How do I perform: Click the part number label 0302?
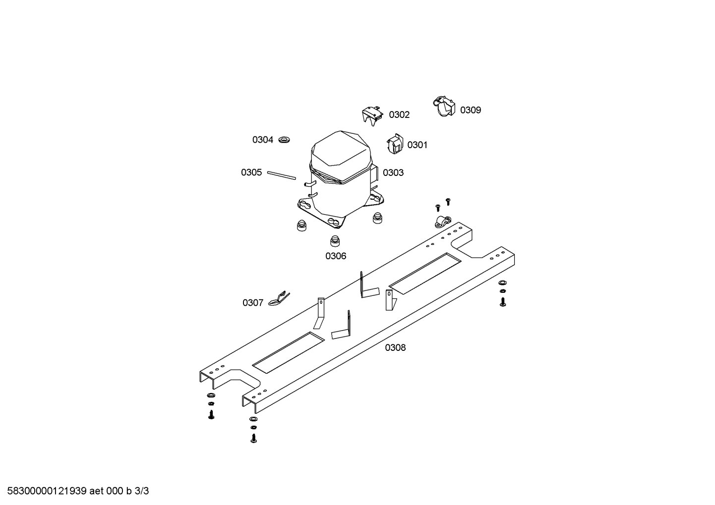[399, 115]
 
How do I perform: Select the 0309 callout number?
[471, 110]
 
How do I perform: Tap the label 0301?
[417, 145]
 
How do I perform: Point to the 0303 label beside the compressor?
[393, 172]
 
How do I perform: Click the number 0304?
[263, 140]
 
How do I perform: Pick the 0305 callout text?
[251, 172]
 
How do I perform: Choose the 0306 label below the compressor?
[336, 256]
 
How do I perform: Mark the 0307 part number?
[253, 303]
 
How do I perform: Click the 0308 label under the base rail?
[395, 348]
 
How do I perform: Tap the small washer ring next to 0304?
[284, 139]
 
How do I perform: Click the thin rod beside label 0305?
[282, 175]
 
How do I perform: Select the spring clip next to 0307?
[279, 299]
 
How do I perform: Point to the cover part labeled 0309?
[444, 106]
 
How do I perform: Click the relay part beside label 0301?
[395, 144]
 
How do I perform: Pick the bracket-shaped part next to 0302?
[372, 116]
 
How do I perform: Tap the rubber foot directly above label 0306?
[335, 241]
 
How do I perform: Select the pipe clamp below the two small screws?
[443, 222]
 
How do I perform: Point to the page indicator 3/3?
[142, 491]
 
